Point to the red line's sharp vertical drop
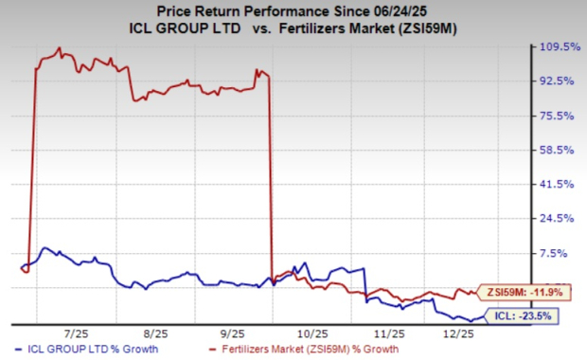(273, 180)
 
